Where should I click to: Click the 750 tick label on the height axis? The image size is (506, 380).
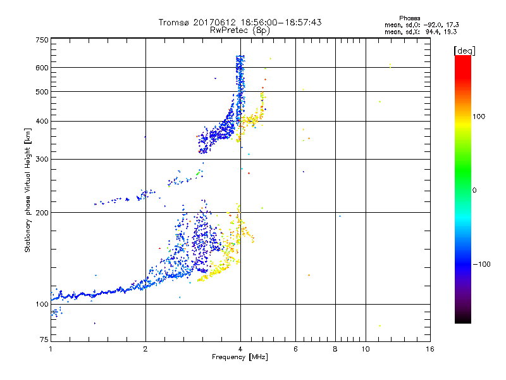tap(42, 39)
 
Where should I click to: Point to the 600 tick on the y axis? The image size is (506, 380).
tap(42, 67)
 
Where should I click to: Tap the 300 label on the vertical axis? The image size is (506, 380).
tap(42, 159)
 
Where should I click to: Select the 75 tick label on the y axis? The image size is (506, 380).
tap(44, 340)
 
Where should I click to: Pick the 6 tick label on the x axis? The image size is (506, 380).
tap(295, 349)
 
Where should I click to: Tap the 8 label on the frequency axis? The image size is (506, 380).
tap(335, 349)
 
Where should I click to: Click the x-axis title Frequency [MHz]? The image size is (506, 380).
tap(240, 358)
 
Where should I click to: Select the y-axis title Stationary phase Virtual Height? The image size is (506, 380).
tap(28, 189)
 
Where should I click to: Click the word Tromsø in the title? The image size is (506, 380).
tap(175, 22)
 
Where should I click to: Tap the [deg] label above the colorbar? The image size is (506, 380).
tap(465, 50)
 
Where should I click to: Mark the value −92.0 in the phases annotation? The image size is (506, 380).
tap(433, 25)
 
